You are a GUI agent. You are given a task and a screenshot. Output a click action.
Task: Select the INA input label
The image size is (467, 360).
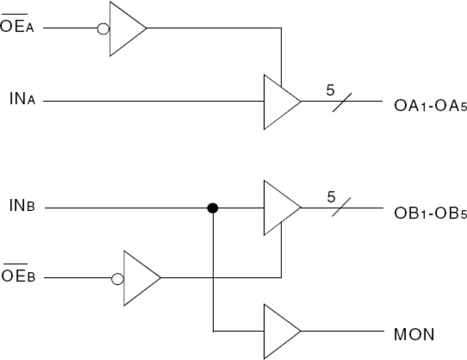pyautogui.click(x=23, y=100)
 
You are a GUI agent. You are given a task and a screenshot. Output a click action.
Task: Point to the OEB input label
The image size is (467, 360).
pyautogui.click(x=19, y=276)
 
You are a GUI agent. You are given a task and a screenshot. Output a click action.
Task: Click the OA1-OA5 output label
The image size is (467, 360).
pyautogui.click(x=430, y=106)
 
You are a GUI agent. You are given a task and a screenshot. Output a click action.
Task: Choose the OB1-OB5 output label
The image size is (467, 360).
pyautogui.click(x=430, y=214)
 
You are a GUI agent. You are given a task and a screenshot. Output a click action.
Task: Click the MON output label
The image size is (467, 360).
pyautogui.click(x=414, y=334)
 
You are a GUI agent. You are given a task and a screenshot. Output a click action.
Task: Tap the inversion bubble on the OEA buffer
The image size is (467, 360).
pyautogui.click(x=103, y=29)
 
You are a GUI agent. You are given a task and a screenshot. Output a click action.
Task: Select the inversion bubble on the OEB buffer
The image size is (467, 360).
pyautogui.click(x=117, y=279)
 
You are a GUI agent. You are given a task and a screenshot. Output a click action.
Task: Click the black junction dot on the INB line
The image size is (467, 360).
pyautogui.click(x=212, y=208)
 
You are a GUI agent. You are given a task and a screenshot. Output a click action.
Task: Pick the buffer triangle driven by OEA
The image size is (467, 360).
pyautogui.click(x=125, y=29)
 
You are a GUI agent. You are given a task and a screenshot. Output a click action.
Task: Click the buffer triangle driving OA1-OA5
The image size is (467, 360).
pyautogui.click(x=279, y=102)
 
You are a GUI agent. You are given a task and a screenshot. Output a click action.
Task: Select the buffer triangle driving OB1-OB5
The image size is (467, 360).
pyautogui.click(x=279, y=208)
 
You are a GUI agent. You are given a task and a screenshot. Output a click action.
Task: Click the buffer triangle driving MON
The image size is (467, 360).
pyautogui.click(x=279, y=331)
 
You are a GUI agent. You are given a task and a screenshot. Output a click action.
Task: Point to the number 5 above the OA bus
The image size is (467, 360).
pyautogui.click(x=331, y=90)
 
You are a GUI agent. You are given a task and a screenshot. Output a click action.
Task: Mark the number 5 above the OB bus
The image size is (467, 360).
pyautogui.click(x=331, y=197)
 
